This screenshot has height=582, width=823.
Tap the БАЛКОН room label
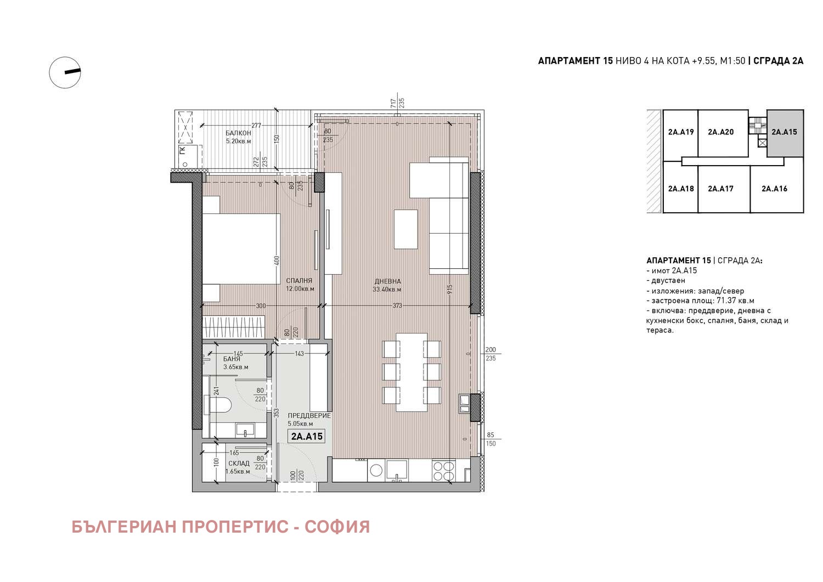click(x=239, y=133)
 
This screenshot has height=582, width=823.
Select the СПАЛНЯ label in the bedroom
click(x=299, y=281)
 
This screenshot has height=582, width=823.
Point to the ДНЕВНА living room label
click(x=387, y=281)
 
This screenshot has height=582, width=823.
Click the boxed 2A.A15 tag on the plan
click(x=306, y=436)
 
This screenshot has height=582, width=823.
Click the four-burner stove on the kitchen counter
click(x=443, y=471)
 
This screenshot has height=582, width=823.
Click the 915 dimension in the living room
click(x=450, y=290)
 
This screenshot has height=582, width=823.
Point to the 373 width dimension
click(x=397, y=306)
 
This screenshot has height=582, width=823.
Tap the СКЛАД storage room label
click(x=239, y=464)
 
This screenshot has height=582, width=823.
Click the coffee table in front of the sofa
click(x=405, y=229)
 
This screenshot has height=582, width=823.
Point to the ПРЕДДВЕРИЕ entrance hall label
click(x=309, y=416)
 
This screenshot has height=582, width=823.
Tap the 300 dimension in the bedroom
click(x=261, y=306)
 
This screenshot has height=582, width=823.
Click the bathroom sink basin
click(x=245, y=429)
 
